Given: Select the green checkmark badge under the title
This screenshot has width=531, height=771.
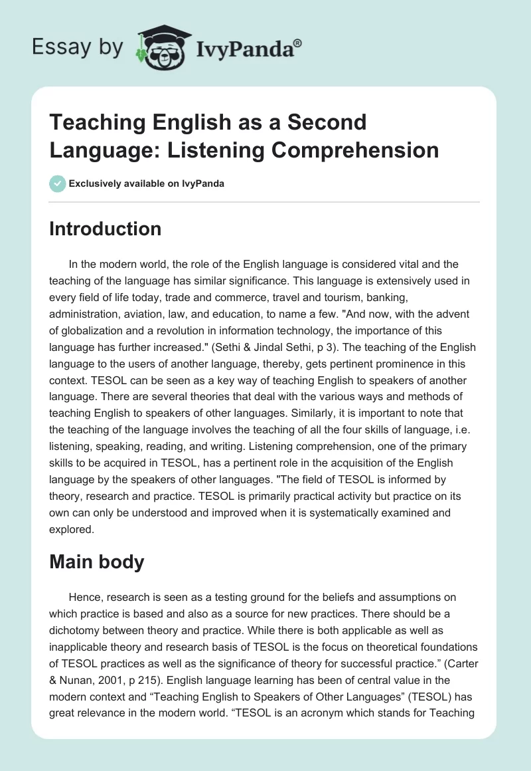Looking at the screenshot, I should [58, 183].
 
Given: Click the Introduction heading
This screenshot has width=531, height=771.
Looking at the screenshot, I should [105, 229].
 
